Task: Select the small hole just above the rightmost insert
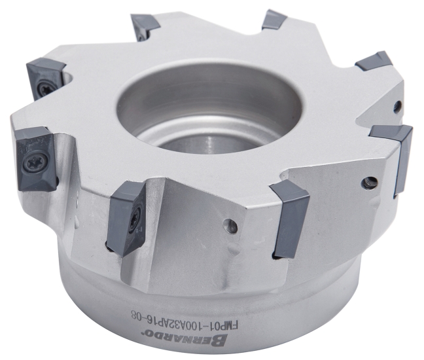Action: [397, 105]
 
